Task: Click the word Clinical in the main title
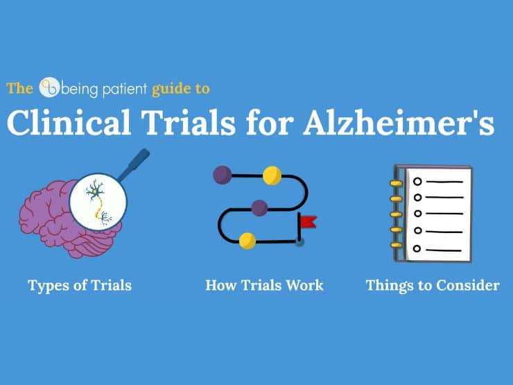(69, 123)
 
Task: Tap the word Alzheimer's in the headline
(399, 123)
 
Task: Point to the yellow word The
(19, 88)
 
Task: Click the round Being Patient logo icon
(49, 87)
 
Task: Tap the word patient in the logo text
(125, 89)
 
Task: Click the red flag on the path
(308, 222)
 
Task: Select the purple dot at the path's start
(223, 175)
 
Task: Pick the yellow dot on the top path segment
(272, 176)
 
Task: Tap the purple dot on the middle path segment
(259, 207)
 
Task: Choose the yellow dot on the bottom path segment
(247, 241)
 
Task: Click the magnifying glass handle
(134, 164)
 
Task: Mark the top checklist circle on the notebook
(417, 181)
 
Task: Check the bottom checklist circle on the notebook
(417, 248)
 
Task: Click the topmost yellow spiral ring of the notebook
(397, 183)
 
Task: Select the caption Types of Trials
(80, 286)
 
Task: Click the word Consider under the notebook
(467, 285)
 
